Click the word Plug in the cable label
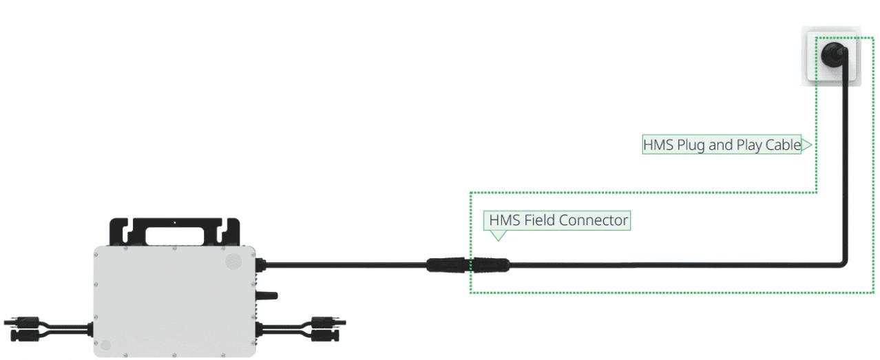point(691,145)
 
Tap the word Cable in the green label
point(784,145)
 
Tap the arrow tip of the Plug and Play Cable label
point(808,145)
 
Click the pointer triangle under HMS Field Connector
point(497,235)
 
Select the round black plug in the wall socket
point(833,54)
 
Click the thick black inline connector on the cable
point(468,264)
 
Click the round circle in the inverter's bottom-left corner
point(105,345)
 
